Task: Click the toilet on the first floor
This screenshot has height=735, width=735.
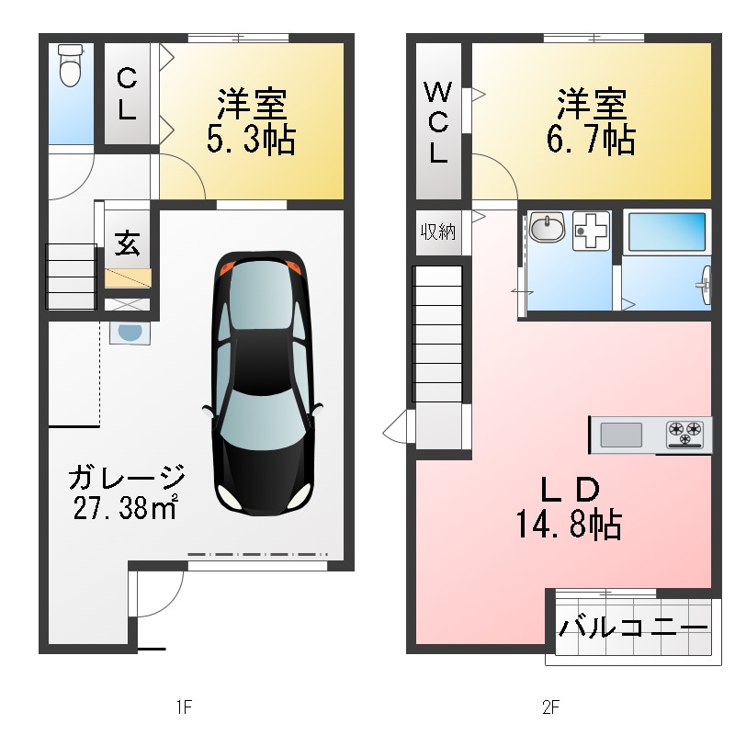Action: tap(70, 65)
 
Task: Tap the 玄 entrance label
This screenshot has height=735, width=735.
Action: tap(127, 244)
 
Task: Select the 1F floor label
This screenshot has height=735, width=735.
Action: tap(183, 707)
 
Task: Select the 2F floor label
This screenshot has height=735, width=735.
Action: tap(550, 707)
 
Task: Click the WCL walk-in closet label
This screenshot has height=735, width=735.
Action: tap(438, 122)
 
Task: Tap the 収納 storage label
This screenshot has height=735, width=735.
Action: tap(438, 232)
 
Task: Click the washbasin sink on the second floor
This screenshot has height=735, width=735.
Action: tap(548, 228)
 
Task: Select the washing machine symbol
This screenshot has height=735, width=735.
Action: tap(592, 231)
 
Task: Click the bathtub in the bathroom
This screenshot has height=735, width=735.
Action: tap(666, 232)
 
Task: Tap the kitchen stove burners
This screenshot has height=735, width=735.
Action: tap(685, 433)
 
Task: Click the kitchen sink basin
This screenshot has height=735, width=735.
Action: tap(621, 434)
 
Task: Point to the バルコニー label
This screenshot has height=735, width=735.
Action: tap(633, 629)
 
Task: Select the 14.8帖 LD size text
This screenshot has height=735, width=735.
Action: tap(567, 525)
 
